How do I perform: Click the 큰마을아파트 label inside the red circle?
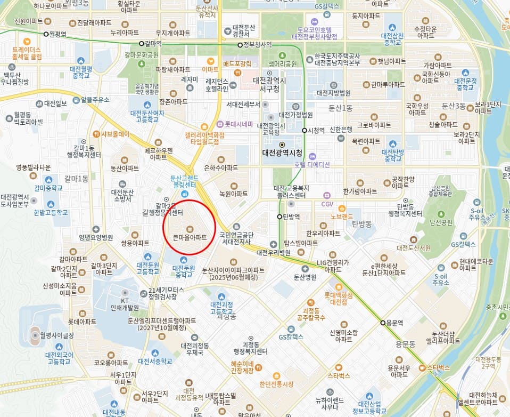click(190, 237)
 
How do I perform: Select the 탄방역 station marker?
click(279, 216)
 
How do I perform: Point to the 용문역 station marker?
click(383, 323)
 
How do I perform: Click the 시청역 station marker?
click(305, 130)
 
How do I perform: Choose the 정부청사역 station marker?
click(240, 45)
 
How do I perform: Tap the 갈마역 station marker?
click(141, 44)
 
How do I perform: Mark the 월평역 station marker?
click(46, 34)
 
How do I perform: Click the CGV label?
click(327, 204)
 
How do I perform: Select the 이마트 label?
click(210, 69)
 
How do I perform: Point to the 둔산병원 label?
click(305, 277)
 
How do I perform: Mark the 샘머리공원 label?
click(282, 63)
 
